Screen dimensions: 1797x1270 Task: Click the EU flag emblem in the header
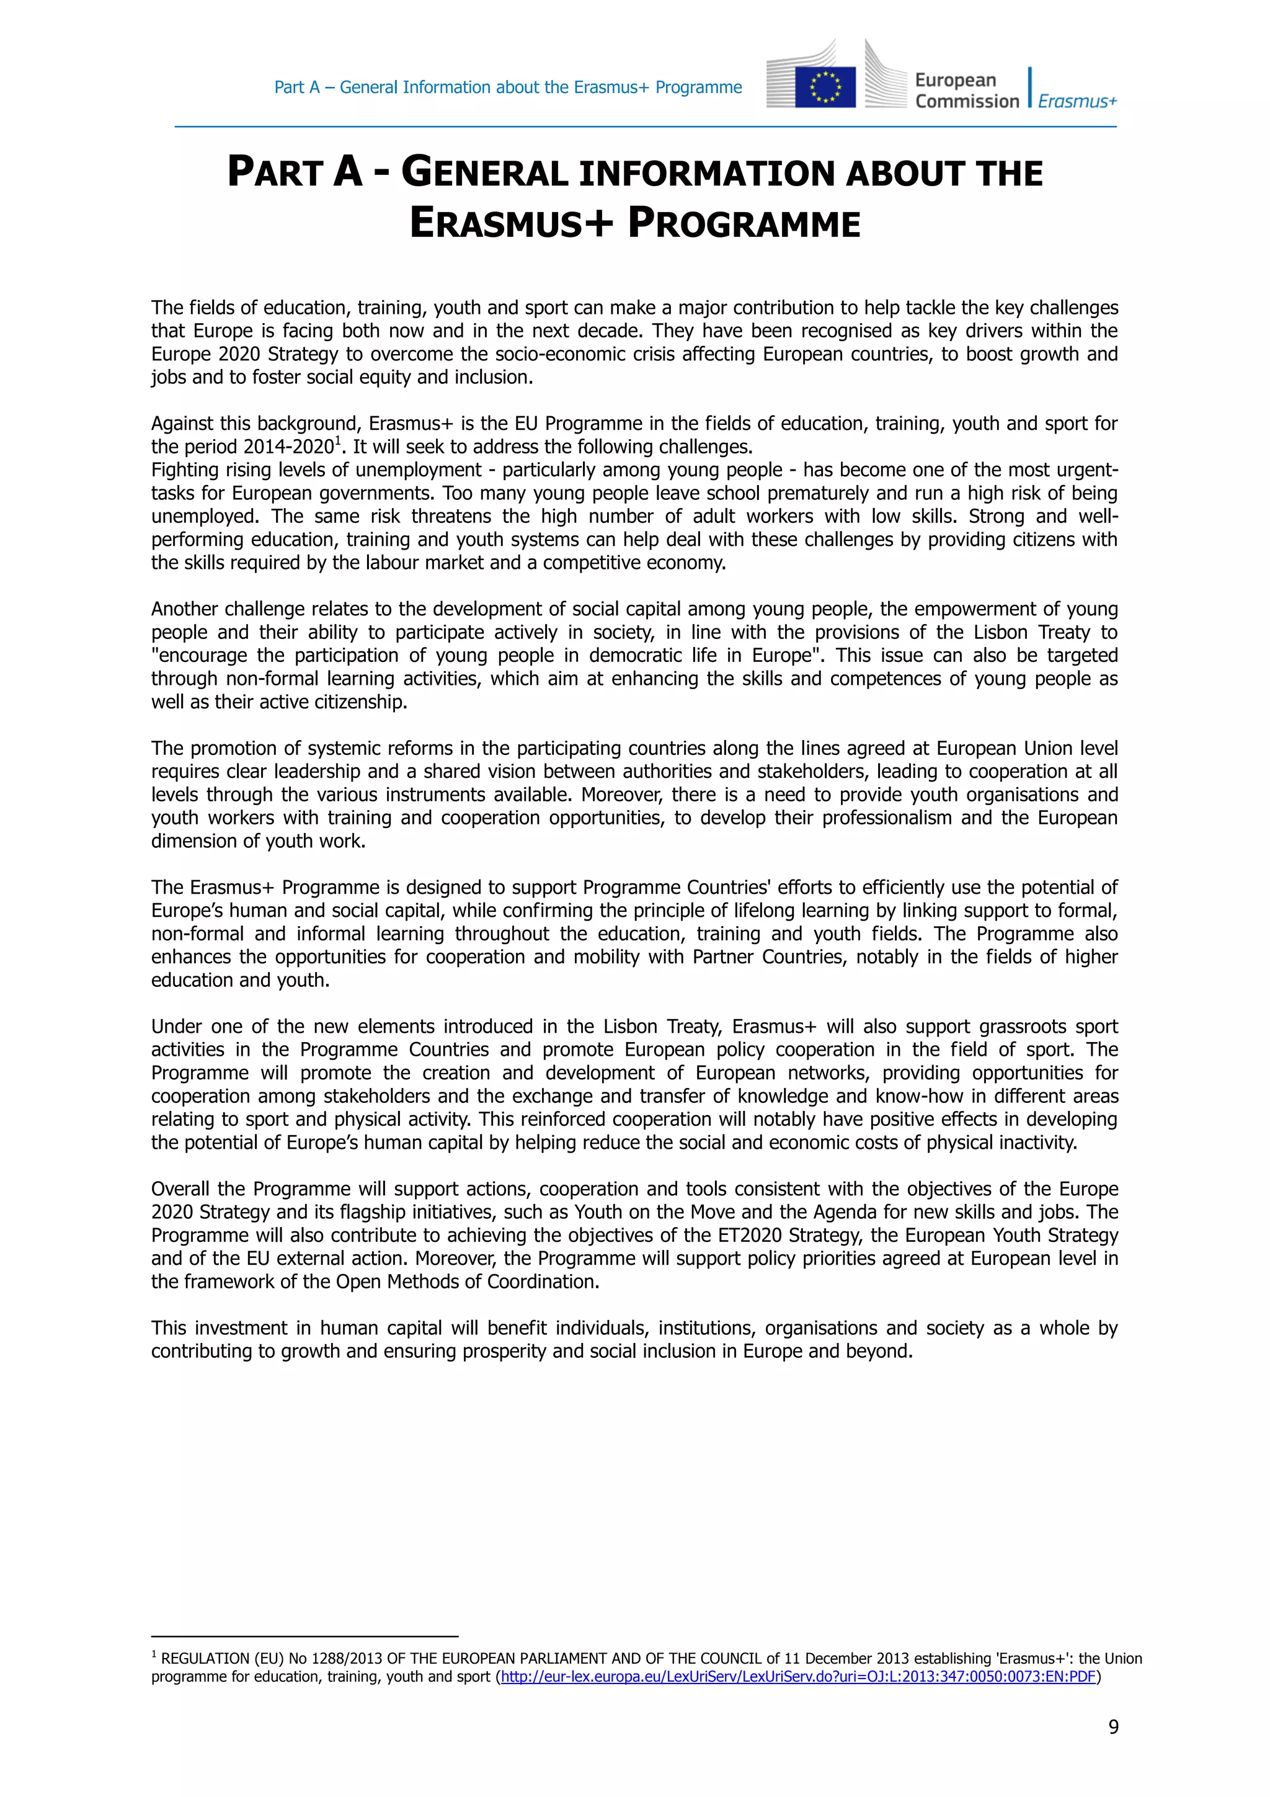coord(825,86)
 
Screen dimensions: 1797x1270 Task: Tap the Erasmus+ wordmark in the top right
coord(1077,101)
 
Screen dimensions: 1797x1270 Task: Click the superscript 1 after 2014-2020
coord(337,442)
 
